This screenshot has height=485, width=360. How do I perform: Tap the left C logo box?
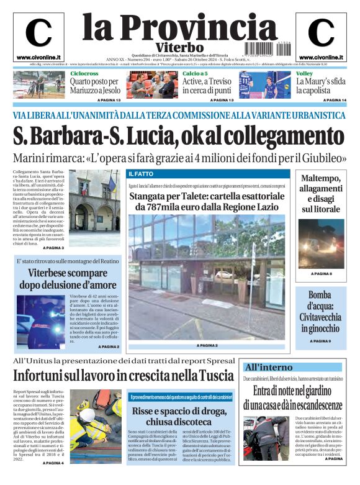click(x=38, y=37)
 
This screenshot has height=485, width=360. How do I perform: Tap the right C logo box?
click(x=321, y=37)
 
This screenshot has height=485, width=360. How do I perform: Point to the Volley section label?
click(x=304, y=73)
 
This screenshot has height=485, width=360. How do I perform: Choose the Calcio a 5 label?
click(x=195, y=73)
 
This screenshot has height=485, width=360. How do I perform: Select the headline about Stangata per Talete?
click(x=207, y=201)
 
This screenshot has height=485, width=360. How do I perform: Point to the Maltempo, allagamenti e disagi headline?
click(x=321, y=193)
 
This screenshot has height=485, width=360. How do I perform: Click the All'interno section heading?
click(x=269, y=366)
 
